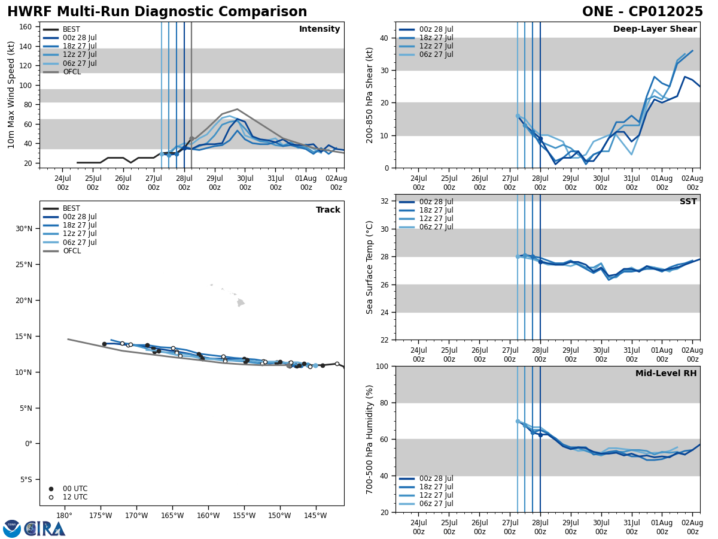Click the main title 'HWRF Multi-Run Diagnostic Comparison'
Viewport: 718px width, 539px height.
(157, 12)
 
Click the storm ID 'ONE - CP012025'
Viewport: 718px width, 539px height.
(642, 12)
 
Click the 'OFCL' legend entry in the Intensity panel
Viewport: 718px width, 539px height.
(71, 72)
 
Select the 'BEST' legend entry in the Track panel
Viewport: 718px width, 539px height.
(71, 208)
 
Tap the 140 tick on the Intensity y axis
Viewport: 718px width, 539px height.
(26, 46)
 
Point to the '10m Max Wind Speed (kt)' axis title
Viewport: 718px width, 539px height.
(12, 95)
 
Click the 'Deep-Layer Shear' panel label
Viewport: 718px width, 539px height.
(655, 29)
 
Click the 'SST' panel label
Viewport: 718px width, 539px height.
(687, 202)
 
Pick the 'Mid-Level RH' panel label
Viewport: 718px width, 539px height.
(665, 374)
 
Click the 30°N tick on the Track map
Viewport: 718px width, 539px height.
(24, 229)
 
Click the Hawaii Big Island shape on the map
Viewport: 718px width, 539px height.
(241, 303)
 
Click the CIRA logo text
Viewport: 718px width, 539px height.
(45, 529)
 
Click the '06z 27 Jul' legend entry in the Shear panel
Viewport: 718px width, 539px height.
(436, 54)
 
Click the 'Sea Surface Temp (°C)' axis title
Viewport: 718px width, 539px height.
(370, 267)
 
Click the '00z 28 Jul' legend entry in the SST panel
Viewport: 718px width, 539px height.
(436, 202)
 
